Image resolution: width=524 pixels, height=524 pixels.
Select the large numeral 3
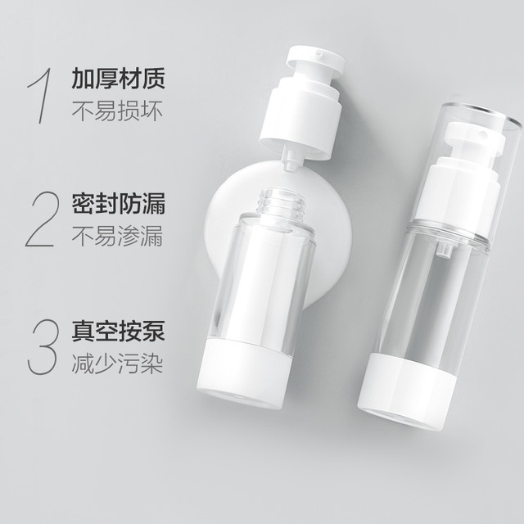click(42, 346)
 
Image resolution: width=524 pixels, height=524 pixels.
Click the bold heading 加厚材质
click(118, 79)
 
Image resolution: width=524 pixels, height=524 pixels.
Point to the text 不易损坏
click(117, 111)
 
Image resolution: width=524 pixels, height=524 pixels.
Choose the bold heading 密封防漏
click(118, 203)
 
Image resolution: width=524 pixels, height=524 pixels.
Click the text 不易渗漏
click(117, 236)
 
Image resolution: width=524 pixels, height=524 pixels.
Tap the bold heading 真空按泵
click(118, 331)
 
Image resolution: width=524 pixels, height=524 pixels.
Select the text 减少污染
click(117, 364)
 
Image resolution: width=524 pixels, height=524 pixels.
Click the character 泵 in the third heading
click(154, 331)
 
